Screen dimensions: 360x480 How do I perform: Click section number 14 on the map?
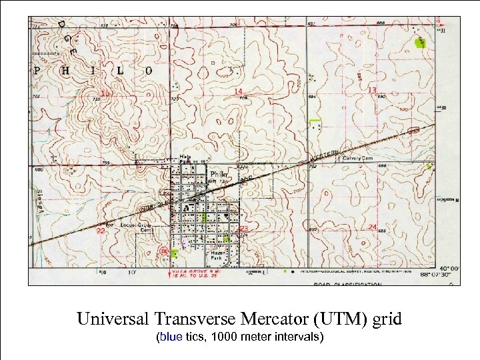[238, 91]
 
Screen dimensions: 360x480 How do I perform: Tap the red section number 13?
[373, 90]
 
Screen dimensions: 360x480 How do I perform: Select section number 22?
[100, 231]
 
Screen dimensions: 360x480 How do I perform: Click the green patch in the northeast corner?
[419, 43]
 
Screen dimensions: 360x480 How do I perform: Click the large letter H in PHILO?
[63, 70]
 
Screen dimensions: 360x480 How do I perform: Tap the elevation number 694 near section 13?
[311, 97]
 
